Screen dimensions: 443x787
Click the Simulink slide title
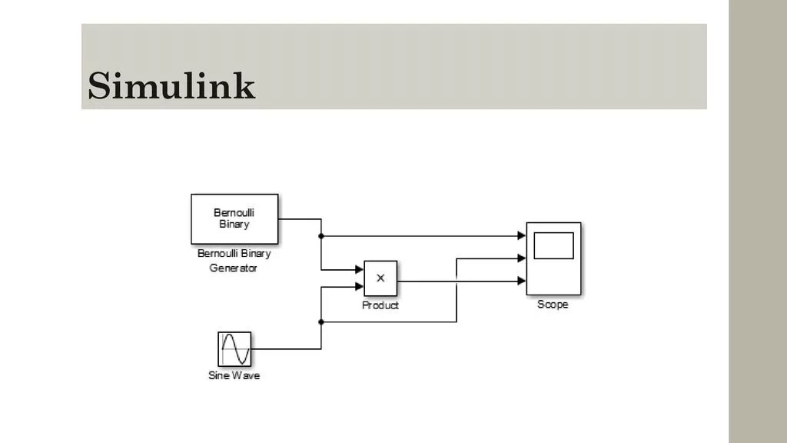(x=171, y=85)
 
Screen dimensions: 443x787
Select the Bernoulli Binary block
(x=234, y=218)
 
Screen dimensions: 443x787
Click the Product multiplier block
(x=380, y=278)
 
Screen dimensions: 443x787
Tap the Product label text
(x=380, y=305)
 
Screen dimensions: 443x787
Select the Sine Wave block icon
(x=234, y=349)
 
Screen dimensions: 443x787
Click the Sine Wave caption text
(x=234, y=376)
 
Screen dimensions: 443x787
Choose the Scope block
(x=553, y=258)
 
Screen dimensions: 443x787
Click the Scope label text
(x=553, y=305)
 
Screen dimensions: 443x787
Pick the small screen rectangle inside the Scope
(x=553, y=245)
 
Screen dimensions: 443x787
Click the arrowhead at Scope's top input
(x=522, y=236)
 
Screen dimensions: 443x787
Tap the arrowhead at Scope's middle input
(x=522, y=258)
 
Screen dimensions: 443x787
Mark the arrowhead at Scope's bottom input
(x=522, y=281)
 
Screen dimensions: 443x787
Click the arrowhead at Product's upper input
(x=359, y=270)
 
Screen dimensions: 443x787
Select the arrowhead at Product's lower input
(x=359, y=287)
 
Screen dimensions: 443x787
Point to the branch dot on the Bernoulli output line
(x=321, y=236)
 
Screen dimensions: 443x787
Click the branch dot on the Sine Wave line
(x=321, y=322)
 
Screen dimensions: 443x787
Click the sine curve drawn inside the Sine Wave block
(x=234, y=349)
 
